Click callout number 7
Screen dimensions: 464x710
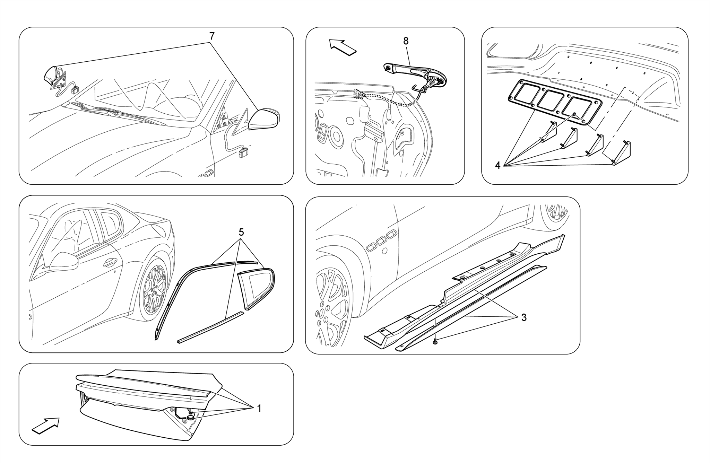click(x=212, y=36)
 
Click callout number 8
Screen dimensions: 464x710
click(x=406, y=41)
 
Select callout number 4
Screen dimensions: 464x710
click(x=497, y=166)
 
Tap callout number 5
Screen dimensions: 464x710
click(x=241, y=232)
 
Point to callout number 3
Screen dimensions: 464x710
click(x=524, y=317)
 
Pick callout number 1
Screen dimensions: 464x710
click(x=259, y=409)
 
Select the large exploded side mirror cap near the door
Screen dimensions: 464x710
click(x=264, y=120)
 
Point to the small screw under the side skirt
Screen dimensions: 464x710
click(x=435, y=342)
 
